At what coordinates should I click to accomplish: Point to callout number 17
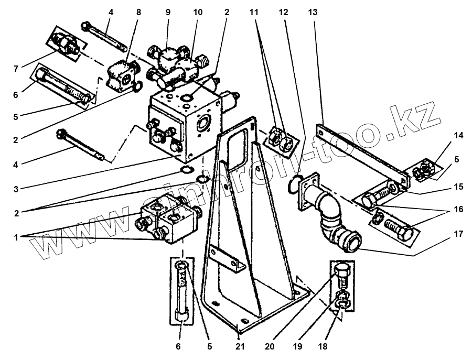coord(459,234)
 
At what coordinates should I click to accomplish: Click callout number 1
coord(16,237)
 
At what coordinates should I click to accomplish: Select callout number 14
coord(459,136)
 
